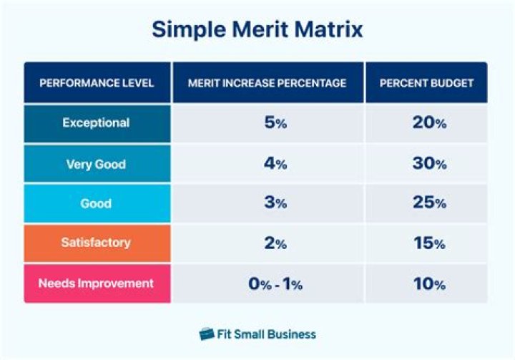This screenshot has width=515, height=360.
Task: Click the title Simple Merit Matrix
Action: coord(257,29)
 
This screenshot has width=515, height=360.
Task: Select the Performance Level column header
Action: coord(97,83)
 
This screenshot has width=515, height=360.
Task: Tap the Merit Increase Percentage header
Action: coord(267,83)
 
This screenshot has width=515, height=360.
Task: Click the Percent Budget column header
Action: coord(426,83)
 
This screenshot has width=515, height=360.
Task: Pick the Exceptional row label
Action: coord(97,123)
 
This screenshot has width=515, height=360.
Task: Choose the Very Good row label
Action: coord(97,164)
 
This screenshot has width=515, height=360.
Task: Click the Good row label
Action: coord(97,204)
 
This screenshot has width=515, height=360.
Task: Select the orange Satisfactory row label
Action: coord(97,243)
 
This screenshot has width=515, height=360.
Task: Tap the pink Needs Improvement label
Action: coord(97,283)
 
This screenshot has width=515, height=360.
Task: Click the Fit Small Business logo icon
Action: coord(207,334)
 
